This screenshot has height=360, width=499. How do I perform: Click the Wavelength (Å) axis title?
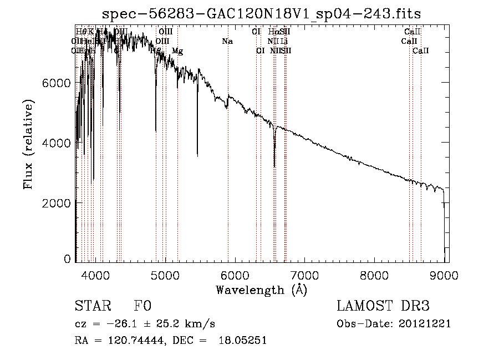point(261,290)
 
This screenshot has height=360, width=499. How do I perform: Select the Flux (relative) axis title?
point(28,144)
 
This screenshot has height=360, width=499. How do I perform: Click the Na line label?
point(227,41)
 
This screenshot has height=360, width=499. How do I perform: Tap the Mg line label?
point(177,51)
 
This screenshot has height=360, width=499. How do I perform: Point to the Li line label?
point(284,41)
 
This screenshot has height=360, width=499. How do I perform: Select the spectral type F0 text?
point(142,307)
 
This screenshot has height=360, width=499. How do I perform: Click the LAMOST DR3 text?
point(383,307)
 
